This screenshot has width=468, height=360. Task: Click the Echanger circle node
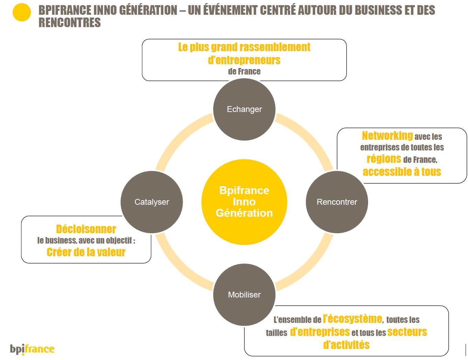244,109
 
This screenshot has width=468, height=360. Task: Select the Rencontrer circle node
336,202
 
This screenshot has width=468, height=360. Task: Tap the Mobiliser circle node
244,294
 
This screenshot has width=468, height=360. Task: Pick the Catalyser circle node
151,202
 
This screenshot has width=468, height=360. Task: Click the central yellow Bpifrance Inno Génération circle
244,202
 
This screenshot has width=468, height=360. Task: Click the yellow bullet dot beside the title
22,12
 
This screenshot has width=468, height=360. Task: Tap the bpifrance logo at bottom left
32,349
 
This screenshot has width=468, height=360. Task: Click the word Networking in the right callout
387,136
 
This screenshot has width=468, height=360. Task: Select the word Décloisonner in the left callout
86,229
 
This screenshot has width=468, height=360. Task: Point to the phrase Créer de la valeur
86,252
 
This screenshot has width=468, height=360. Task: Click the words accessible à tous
402,172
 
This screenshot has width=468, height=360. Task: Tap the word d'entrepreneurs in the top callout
244,60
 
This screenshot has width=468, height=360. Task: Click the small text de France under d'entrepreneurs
244,71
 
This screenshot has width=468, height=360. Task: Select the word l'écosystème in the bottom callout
352,319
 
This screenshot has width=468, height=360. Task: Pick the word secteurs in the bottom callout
407,332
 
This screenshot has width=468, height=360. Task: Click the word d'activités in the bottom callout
346,345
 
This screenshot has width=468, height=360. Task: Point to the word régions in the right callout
384,159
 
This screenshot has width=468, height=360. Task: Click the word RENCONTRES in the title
70,23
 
